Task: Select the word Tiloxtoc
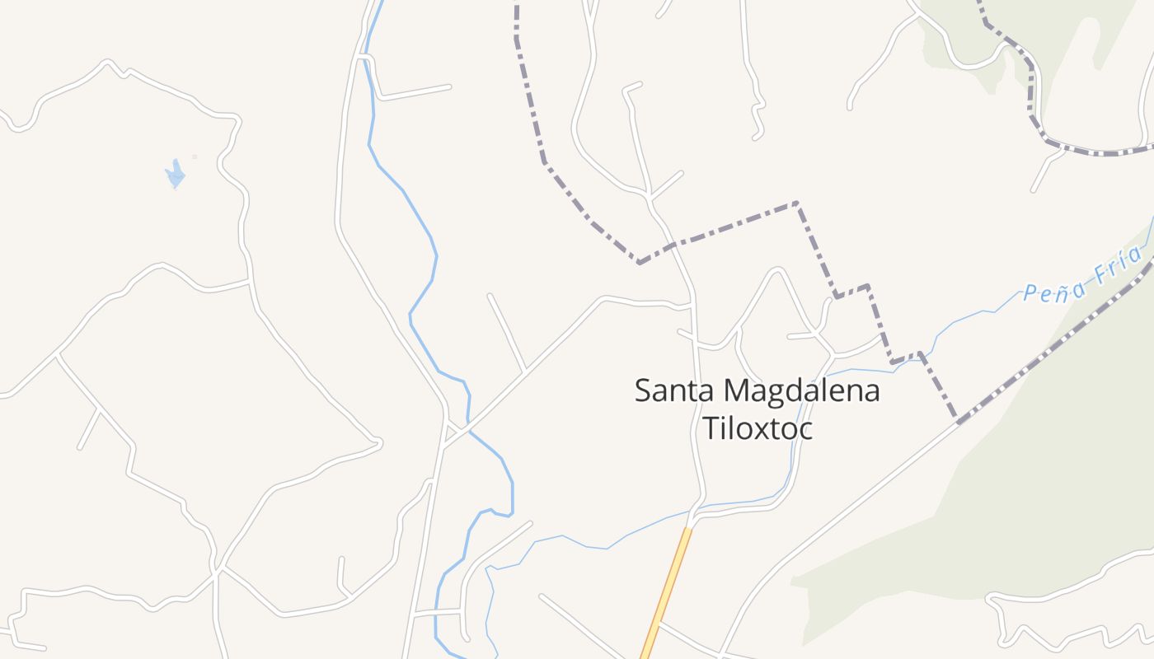coord(757,428)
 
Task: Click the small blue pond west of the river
coord(175,175)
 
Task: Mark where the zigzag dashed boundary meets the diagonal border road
coord(958,423)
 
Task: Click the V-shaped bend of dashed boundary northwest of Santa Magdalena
coord(639,263)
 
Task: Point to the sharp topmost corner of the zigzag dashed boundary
coord(796,202)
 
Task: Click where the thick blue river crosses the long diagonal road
coord(468,428)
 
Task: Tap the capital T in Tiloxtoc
coord(708,428)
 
